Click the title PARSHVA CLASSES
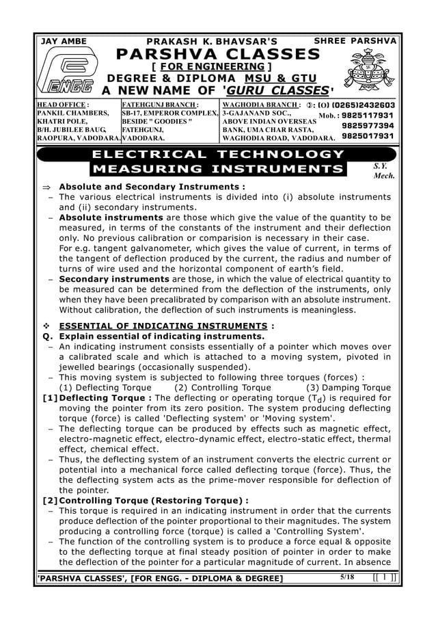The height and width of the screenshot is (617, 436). point(213,54)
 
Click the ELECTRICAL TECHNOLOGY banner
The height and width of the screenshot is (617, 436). point(217,155)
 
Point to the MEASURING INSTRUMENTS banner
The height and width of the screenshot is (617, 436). point(217,169)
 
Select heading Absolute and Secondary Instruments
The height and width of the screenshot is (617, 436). point(152,187)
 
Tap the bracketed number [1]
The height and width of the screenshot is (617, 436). point(49,397)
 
